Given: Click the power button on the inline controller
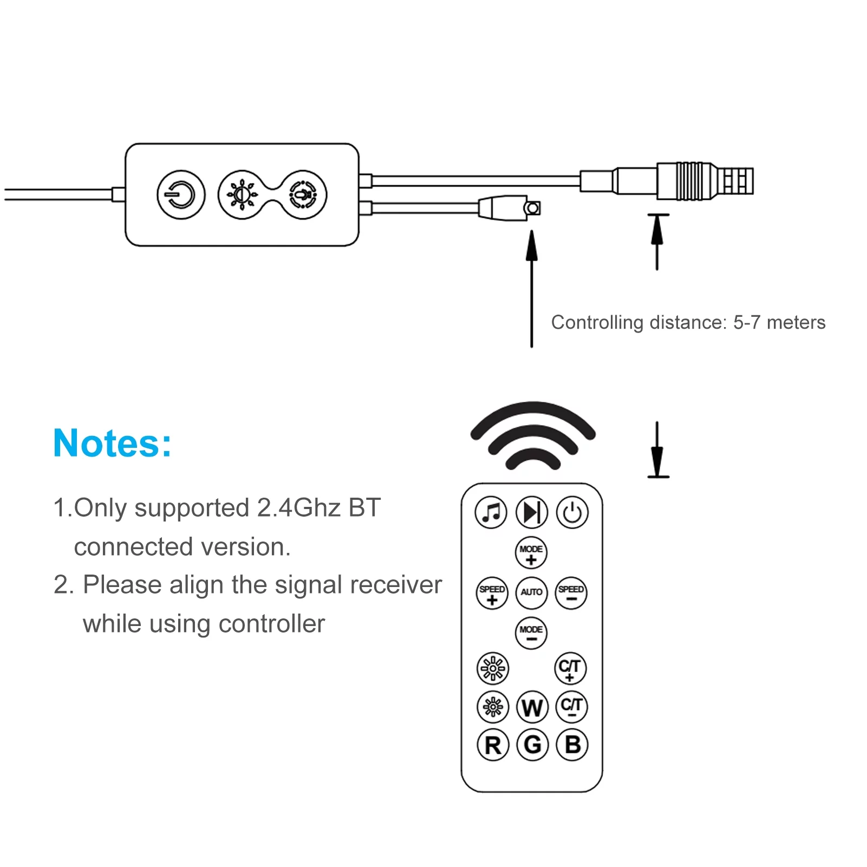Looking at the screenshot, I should tap(181, 195).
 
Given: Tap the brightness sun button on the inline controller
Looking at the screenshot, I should tap(242, 195).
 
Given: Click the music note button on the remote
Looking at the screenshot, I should tap(491, 512).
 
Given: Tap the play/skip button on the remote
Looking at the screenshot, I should tap(532, 512).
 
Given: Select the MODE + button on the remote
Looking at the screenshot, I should tap(531, 553).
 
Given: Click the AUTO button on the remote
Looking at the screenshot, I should tap(532, 592).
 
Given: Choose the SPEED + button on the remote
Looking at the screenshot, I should tap(492, 593).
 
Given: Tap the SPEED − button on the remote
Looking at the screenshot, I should tap(571, 592).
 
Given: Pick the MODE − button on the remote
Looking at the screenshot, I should tap(531, 633).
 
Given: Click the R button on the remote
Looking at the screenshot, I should tap(493, 745).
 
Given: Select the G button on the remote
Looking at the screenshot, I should tap(532, 745).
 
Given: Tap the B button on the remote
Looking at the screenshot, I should tap(572, 745).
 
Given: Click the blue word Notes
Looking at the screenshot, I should tap(113, 444).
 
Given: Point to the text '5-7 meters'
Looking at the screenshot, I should tap(779, 323).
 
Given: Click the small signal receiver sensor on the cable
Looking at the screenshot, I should tap(532, 208).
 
